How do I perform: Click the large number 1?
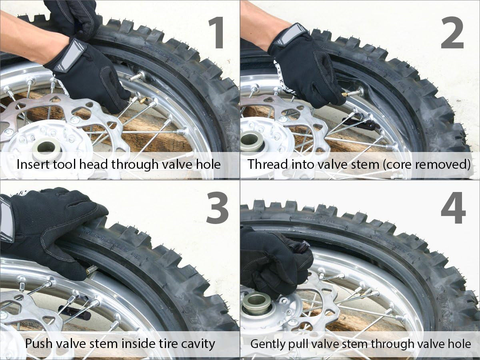216,33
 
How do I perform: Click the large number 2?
452,33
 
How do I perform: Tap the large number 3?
217,208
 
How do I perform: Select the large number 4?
453,208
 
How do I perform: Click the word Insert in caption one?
33,164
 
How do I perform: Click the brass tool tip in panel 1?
142,100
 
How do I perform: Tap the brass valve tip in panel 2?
345,95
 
